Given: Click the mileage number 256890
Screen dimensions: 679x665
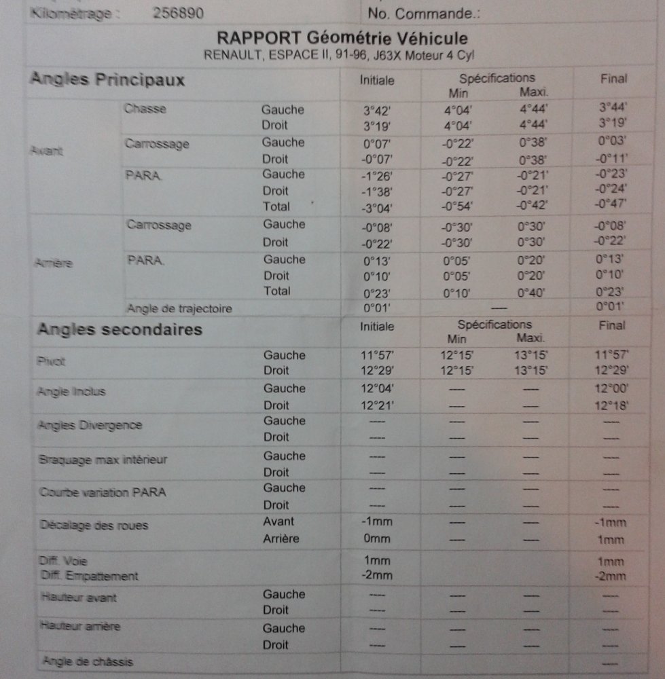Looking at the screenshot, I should click(179, 14).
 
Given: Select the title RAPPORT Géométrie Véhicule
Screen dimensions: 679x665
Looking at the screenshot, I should click(342, 38).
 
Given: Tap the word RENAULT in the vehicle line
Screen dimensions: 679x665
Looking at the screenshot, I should click(230, 55).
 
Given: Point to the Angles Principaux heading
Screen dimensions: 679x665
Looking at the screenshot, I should click(107, 79).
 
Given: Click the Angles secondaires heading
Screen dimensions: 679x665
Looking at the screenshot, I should click(120, 330).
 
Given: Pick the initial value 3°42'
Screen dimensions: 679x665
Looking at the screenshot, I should click(377, 109).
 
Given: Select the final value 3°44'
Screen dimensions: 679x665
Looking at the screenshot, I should click(612, 107).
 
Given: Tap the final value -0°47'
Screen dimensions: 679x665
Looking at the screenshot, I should click(611, 203).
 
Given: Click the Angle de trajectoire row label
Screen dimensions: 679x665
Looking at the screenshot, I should click(179, 309).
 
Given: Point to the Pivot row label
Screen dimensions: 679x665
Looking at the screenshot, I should click(52, 362).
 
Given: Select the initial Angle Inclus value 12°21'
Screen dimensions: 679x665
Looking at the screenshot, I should click(377, 405).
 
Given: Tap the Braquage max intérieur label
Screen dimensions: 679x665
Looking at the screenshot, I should click(103, 460).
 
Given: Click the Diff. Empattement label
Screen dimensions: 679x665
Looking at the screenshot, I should click(88, 576).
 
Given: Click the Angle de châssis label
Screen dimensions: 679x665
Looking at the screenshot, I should click(88, 661).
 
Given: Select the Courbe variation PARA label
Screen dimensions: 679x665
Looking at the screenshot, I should click(103, 492).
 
